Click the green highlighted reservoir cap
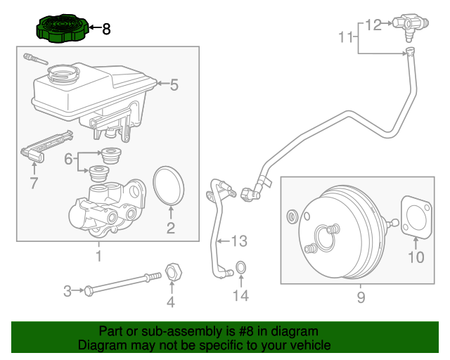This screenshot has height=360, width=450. coord(61,29)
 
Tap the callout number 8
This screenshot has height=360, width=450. coord(106,30)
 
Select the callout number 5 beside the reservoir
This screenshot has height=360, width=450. coord(174,85)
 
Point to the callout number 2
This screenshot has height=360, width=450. coord(170,227)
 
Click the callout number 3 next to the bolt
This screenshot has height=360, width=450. coord(68,290)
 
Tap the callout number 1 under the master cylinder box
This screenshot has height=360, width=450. coord(98,256)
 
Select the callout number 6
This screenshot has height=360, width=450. coord(68,160)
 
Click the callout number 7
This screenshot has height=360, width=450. coord(33,184)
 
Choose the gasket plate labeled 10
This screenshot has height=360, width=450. coord(415,218)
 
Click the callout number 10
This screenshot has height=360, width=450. coord(416,257)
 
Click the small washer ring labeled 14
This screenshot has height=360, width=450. coord(240,267)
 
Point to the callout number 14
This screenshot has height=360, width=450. coord(240,296)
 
